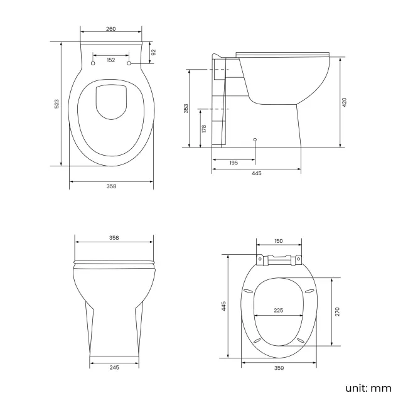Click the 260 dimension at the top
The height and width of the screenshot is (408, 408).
click(111, 30)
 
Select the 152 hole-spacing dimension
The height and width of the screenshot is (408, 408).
click(111, 60)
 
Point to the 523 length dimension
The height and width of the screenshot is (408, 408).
click(56, 103)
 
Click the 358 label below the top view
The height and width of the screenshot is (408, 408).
click(111, 186)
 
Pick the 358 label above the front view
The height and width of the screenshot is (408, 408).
click(114, 238)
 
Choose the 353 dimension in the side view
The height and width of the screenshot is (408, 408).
click(186, 109)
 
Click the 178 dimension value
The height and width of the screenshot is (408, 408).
click(203, 128)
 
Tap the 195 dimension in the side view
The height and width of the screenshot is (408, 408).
click(234, 163)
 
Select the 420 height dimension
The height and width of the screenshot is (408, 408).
click(344, 102)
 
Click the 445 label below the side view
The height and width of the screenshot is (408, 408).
click(256, 173)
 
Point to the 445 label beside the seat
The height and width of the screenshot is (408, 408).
click(223, 306)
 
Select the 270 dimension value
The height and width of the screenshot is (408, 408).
click(337, 311)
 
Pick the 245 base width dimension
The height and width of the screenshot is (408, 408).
click(114, 367)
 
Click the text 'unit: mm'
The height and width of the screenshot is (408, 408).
click(368, 388)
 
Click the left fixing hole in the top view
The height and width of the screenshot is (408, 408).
click(94, 64)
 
